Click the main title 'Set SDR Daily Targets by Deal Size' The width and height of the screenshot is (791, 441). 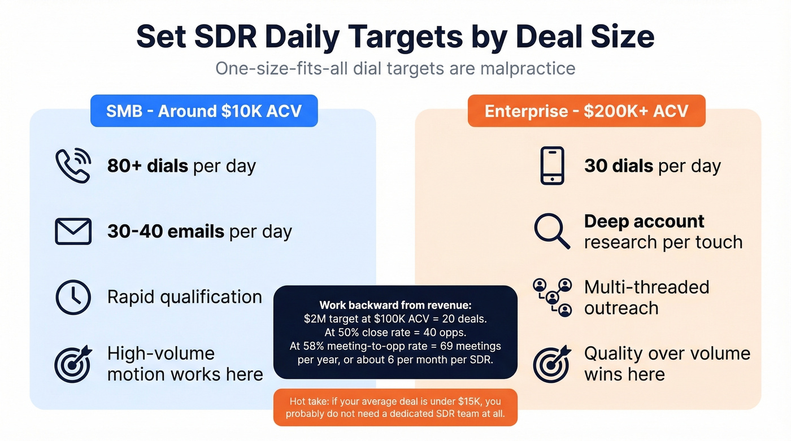[x=395, y=36]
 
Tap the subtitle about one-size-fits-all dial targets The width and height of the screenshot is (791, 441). [x=395, y=68]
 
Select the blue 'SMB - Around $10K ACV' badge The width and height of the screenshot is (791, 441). [x=204, y=111]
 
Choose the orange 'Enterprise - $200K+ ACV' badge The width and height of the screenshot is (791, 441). [x=586, y=111]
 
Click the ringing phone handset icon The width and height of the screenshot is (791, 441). [x=73, y=165]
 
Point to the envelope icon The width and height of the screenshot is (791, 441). [x=73, y=232]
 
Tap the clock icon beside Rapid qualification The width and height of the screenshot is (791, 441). [x=73, y=297]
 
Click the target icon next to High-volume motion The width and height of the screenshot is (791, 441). [x=73, y=364]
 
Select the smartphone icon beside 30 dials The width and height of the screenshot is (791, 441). [x=552, y=165]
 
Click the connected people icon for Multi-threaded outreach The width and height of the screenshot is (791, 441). [x=552, y=297]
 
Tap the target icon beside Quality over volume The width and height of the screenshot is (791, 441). [x=552, y=364]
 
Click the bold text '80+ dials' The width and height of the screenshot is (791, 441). [x=147, y=166]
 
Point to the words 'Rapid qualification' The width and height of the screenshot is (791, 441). [x=185, y=297]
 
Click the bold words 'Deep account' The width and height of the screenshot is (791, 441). [x=644, y=221]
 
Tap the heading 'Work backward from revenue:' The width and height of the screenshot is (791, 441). [x=395, y=305]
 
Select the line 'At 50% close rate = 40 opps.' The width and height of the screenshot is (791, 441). [x=395, y=332]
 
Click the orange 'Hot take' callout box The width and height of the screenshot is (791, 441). [x=395, y=407]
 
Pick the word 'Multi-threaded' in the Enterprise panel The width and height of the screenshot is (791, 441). [x=646, y=287]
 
